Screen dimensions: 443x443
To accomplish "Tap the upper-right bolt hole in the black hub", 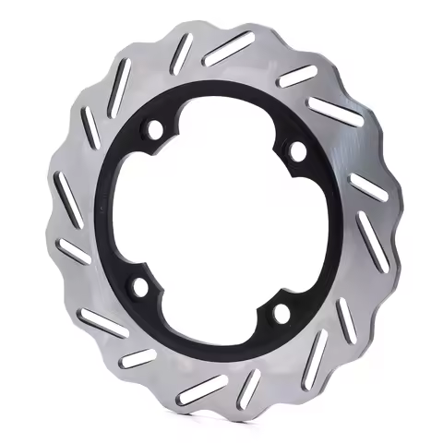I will [298, 149].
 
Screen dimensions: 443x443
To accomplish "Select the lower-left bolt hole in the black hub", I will [140, 287].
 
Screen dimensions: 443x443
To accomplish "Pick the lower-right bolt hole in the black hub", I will [280, 314].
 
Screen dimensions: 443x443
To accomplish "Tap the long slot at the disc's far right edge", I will [372, 243].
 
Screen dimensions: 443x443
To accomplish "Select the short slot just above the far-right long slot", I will [368, 188].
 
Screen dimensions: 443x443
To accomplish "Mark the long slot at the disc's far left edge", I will [68, 196].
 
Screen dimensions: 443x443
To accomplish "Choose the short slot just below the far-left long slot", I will [73, 250].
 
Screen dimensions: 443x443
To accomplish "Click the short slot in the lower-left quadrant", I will [138, 358].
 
